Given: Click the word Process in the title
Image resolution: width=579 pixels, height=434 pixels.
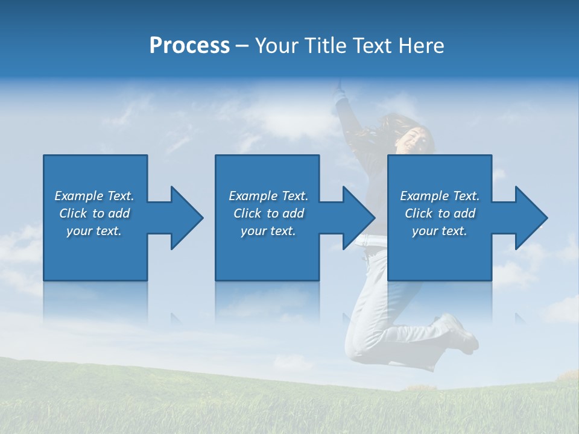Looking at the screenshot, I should pos(189,46).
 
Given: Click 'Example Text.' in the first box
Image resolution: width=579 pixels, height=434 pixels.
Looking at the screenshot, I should pos(94,196).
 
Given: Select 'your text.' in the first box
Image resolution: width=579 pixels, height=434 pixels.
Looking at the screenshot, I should pos(94,231).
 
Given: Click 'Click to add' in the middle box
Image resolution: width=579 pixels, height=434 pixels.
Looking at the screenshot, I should pos(268,213).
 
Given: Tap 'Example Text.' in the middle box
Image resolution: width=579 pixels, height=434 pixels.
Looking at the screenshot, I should pos(268,196).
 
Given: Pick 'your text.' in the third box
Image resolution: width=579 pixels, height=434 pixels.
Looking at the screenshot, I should pos(439,231).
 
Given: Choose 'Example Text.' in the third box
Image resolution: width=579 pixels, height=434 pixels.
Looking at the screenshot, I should pos(440,196).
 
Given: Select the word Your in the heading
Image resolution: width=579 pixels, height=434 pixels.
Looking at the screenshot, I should pos(276,46).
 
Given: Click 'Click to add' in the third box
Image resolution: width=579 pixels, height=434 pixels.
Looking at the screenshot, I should pos(440,213).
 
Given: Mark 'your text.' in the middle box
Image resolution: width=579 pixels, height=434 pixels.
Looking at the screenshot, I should pos(268,231).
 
